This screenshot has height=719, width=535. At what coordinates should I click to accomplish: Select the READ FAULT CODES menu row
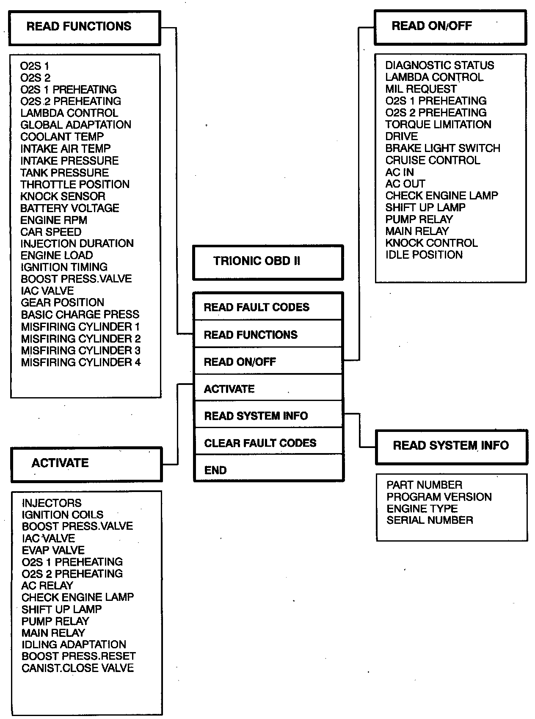267,307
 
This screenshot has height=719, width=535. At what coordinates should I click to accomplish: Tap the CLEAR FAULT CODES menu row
267,443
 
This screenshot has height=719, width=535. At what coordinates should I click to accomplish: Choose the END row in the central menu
267,469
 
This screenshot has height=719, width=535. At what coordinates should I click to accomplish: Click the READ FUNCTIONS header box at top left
85,28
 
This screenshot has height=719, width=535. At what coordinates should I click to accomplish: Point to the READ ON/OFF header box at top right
450,27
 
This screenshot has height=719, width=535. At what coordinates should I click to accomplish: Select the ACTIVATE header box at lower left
86,464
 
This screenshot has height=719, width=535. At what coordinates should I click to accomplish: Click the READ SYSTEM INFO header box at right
451,446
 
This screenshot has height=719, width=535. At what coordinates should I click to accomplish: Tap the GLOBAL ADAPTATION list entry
76,125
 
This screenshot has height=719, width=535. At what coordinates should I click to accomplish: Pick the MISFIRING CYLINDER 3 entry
80,351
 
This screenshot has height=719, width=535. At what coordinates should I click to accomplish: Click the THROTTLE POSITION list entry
75,185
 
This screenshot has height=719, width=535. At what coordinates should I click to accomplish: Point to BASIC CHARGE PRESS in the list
80,315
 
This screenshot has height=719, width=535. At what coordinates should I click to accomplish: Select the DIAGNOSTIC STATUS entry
439,66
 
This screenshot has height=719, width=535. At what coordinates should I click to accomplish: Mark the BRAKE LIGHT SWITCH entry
442,149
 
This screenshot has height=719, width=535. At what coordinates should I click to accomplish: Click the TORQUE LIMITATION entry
438,124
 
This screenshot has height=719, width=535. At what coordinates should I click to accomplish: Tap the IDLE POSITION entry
424,255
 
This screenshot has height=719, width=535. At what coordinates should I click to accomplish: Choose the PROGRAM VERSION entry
439,497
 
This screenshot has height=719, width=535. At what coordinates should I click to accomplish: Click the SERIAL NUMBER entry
430,520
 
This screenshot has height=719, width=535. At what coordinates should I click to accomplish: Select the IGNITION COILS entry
63,515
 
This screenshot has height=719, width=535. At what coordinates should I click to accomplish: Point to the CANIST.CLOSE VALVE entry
78,668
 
